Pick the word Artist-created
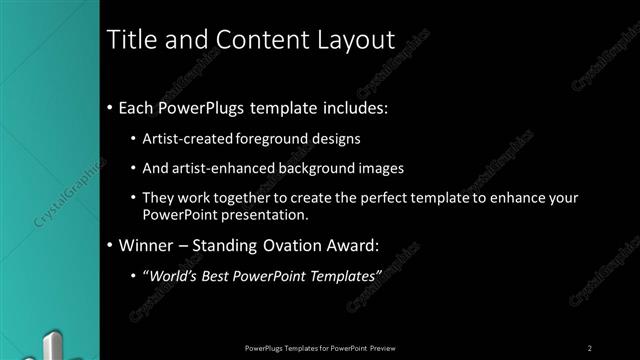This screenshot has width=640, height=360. [x=188, y=140]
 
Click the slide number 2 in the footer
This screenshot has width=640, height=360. [x=590, y=347]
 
